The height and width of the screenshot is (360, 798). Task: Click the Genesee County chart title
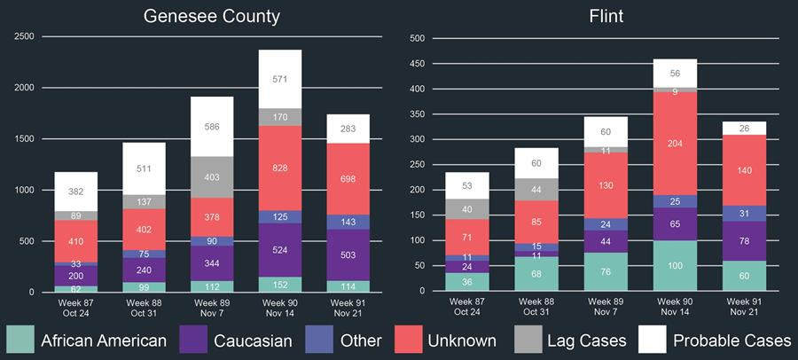[212, 16]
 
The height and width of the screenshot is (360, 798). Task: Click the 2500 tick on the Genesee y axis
[24, 36]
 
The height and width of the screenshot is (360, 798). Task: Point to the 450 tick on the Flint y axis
[417, 64]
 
